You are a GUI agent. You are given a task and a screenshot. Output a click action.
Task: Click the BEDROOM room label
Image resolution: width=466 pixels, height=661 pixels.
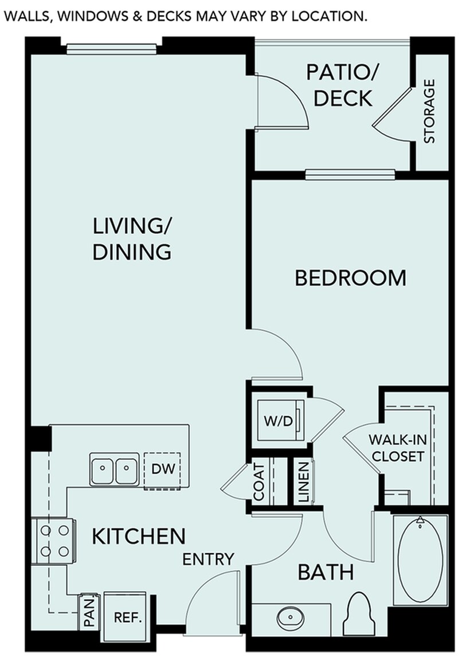tap(350, 278)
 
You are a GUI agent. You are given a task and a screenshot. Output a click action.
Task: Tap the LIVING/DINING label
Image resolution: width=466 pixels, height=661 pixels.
tap(132, 238)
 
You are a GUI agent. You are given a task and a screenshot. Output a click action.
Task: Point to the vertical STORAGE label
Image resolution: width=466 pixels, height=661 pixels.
tap(429, 111)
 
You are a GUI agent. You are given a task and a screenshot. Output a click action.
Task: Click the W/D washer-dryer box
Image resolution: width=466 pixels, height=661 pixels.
tap(278, 420)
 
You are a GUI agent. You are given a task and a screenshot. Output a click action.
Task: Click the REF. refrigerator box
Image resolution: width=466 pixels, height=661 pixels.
tap(127, 618)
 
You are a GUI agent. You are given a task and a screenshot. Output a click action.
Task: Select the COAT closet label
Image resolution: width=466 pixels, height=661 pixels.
tap(259, 482)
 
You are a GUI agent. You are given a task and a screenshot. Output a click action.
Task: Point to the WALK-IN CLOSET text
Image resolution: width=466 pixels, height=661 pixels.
tap(396, 448)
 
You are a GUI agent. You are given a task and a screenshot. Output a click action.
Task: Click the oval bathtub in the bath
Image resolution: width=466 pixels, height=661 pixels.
tap(420, 559)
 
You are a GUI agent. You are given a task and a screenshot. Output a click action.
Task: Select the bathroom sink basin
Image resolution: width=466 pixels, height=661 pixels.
tap(290, 619)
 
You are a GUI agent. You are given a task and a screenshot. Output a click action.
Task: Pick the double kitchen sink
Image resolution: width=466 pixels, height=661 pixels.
tap(114, 469)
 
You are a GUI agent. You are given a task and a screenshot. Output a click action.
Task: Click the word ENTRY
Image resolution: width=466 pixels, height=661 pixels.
tap(208, 559)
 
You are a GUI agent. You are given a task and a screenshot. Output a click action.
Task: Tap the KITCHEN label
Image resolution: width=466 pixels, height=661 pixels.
tap(139, 537)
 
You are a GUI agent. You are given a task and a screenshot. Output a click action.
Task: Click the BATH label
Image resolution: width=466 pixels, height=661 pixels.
tap(325, 572)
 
